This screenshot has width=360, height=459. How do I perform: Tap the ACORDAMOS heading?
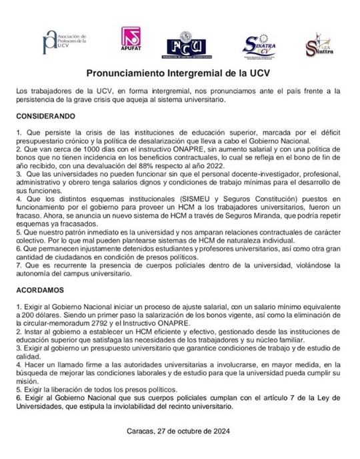[x=41, y=292]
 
